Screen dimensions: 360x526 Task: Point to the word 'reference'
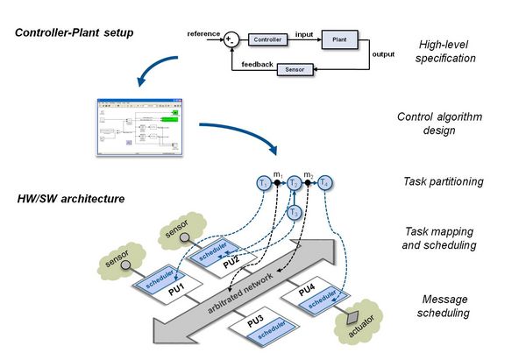click(203, 33)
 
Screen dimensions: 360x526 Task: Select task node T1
click(262, 184)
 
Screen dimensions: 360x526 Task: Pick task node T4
click(326, 184)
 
